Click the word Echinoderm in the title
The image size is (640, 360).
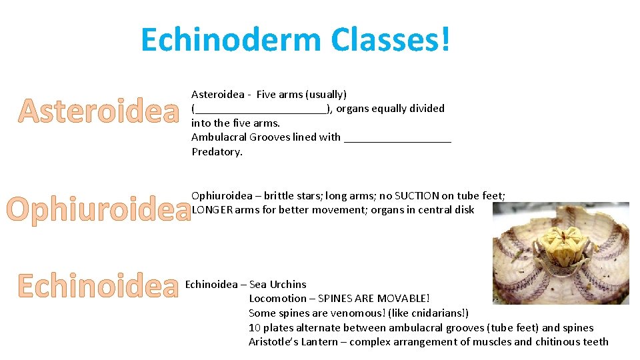tap(231, 40)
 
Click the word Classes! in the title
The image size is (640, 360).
tap(389, 40)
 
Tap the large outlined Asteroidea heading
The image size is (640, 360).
tap(99, 111)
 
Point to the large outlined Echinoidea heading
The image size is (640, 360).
tap(99, 285)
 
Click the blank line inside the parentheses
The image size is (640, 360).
tap(261, 109)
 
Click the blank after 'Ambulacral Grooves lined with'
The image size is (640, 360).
tap(398, 138)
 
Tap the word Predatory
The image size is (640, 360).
tap(217, 152)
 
